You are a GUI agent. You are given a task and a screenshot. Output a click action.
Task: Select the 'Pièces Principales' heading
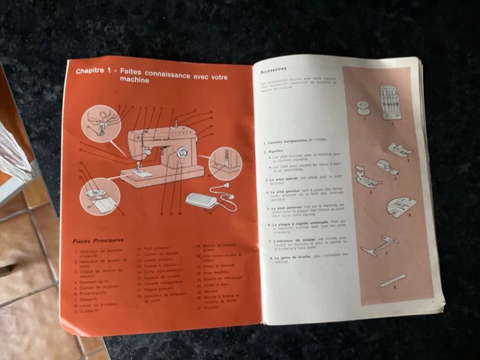(98, 241)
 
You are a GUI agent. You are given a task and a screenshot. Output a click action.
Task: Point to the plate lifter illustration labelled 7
(379, 244)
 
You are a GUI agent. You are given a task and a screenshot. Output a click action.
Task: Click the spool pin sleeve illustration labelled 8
(393, 280)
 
